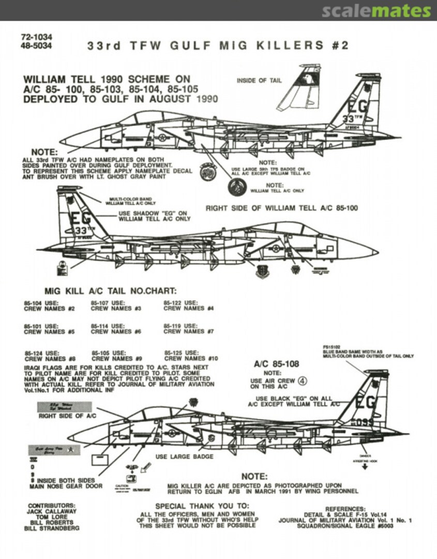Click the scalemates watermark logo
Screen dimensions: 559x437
[376, 11]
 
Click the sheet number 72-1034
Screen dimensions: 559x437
[37, 38]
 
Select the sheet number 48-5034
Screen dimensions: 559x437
[37, 46]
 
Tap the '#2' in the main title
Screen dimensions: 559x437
[340, 46]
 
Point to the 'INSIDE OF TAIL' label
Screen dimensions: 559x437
[260, 81]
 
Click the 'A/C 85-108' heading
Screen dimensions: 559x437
[276, 363]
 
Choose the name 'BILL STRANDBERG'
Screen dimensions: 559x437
[52, 529]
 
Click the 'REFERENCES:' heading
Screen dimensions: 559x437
[345, 509]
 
